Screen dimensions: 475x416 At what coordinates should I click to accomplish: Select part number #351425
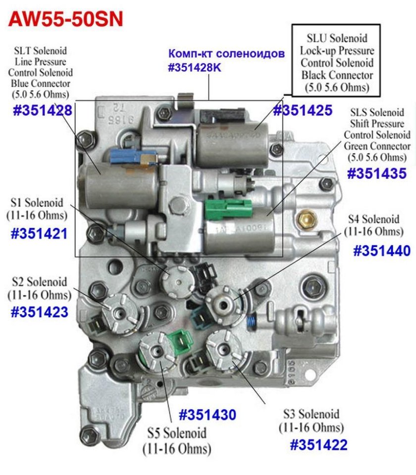(x=302, y=110)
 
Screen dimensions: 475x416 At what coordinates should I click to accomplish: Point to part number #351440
(x=381, y=251)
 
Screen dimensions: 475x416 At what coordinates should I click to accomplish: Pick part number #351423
(x=39, y=312)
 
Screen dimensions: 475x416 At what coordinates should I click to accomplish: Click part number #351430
(x=207, y=414)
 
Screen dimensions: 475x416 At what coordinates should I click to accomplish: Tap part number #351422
(x=318, y=444)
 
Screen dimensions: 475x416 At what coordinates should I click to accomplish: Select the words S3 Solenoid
(x=311, y=414)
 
